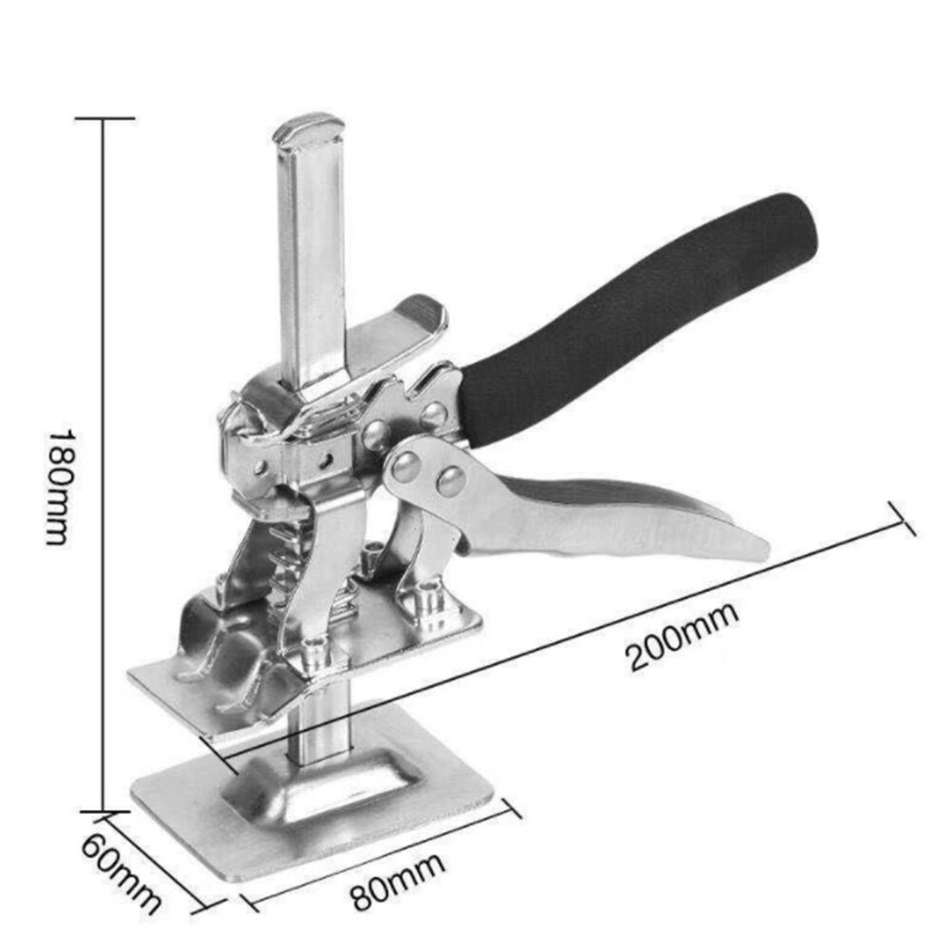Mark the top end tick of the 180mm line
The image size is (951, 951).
(104, 118)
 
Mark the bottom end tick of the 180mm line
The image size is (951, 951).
(104, 811)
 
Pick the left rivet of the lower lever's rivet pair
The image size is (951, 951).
(406, 467)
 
